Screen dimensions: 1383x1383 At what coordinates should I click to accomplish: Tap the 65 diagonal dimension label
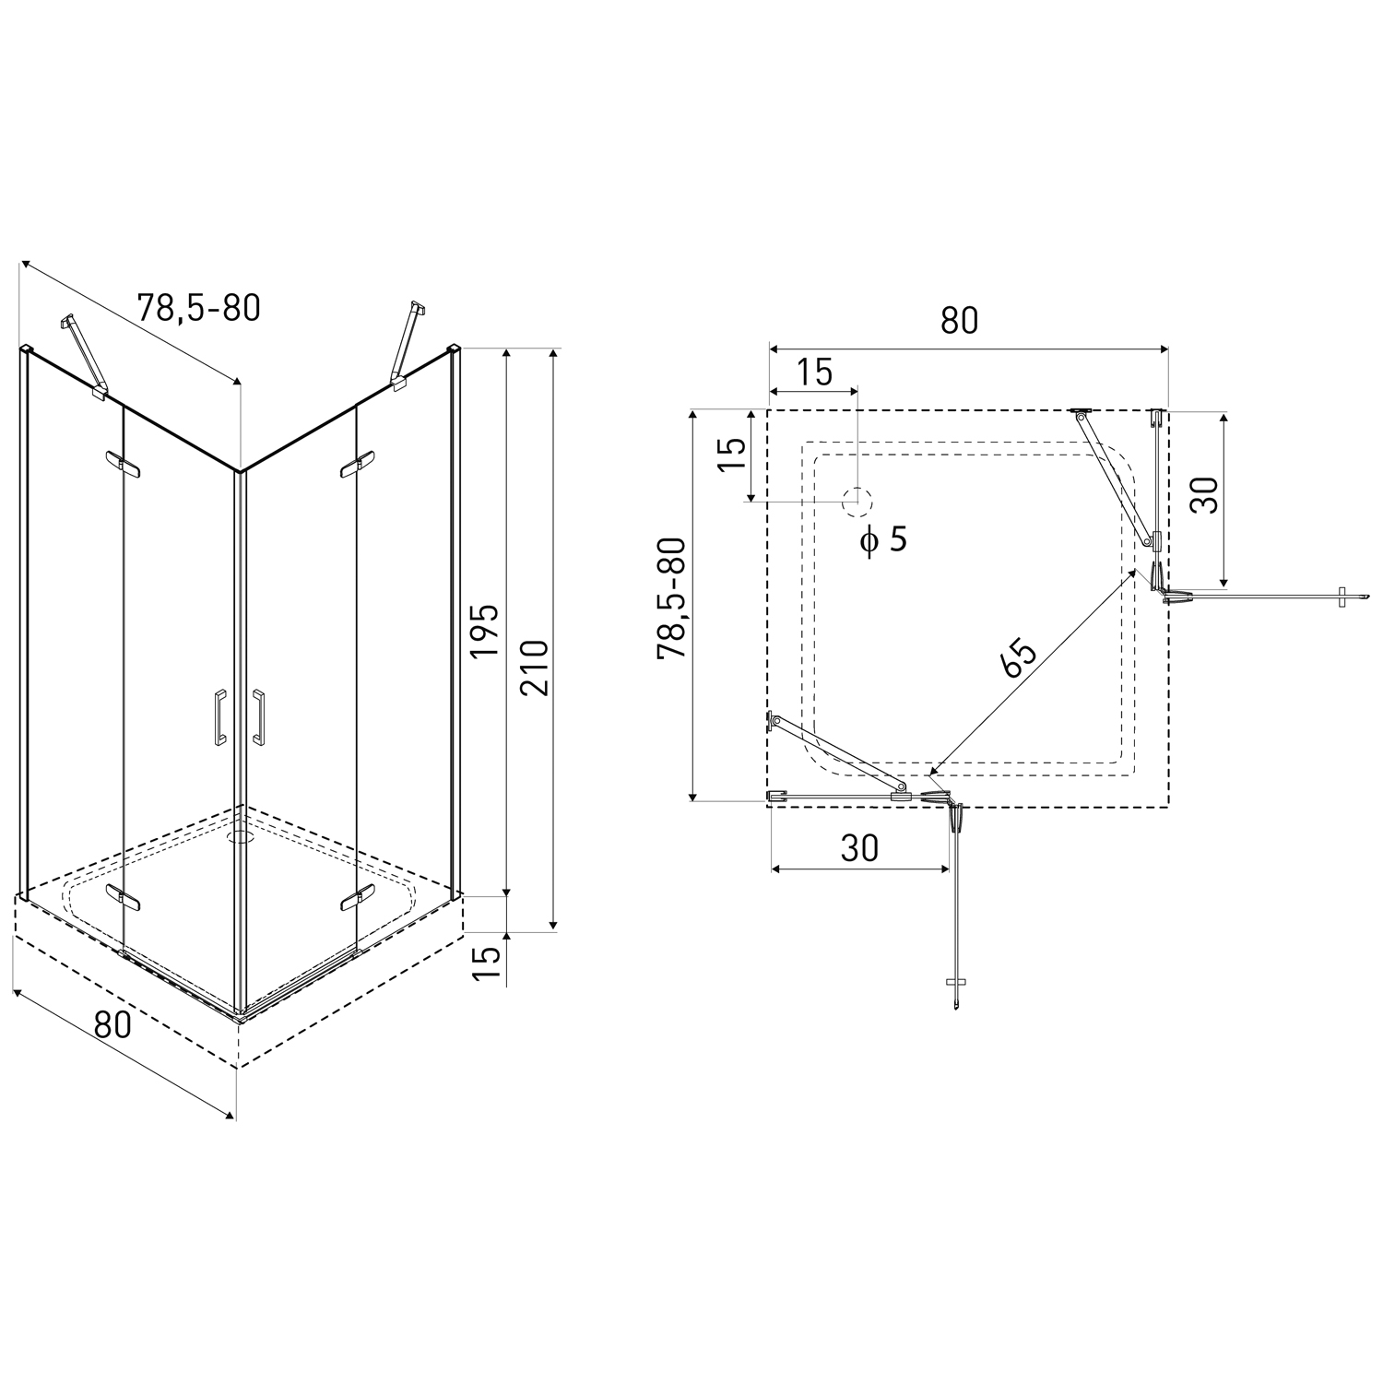tap(1020, 657)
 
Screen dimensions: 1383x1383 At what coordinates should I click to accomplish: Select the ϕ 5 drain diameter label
tap(883, 538)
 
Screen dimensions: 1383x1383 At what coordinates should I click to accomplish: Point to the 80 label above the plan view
tap(959, 320)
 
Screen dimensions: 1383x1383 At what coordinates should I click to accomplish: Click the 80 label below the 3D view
tap(112, 1023)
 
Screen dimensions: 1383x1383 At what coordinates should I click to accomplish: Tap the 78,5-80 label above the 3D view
tap(198, 307)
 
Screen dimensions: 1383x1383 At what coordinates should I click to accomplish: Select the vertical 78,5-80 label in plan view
tap(671, 597)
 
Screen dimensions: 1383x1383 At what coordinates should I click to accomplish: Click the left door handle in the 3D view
tap(219, 715)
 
